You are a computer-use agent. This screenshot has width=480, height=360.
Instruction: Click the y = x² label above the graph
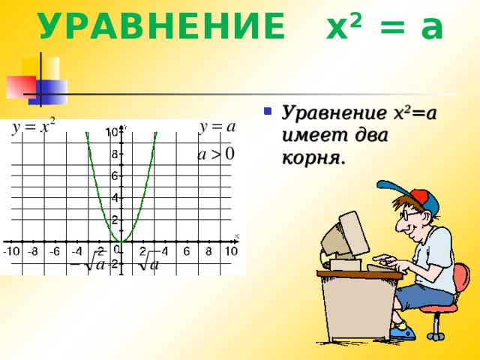point(34,127)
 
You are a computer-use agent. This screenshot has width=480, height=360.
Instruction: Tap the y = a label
point(218,127)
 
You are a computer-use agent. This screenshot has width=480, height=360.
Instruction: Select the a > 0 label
point(216,154)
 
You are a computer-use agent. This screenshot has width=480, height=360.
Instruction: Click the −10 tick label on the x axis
point(11,252)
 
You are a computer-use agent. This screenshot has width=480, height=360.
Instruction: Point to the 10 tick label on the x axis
point(231,252)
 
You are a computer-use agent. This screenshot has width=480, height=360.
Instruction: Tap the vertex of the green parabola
point(122,241)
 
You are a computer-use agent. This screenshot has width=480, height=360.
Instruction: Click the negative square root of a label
point(87,264)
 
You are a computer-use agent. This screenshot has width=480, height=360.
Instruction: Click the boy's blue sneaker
point(401,331)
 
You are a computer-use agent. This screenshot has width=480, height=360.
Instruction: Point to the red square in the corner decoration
point(20,86)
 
